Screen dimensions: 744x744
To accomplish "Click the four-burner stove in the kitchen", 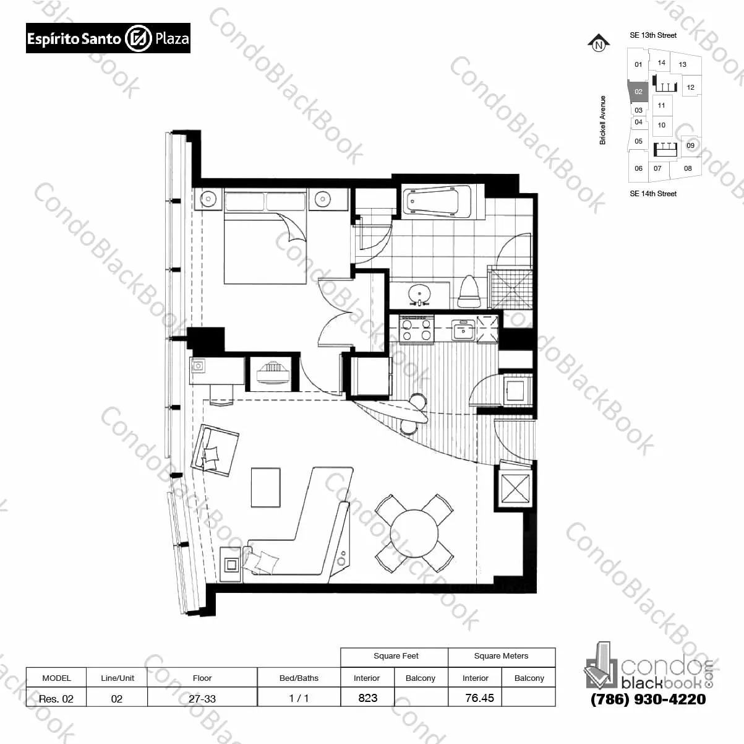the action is [x=416, y=329].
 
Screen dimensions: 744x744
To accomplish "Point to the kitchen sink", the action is [x=463, y=329].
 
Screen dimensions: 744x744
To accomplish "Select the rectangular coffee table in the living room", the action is [x=266, y=487].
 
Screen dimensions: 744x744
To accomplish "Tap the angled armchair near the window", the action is [x=215, y=450].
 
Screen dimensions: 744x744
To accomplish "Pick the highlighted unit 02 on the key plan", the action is [x=638, y=92].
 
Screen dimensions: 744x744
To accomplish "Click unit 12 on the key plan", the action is [x=690, y=87].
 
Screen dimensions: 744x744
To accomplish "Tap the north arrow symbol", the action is [x=599, y=43].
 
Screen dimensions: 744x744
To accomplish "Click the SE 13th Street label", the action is [x=653, y=35].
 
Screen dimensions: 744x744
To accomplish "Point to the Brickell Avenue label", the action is [x=602, y=120].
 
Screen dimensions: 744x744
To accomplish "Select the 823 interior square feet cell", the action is [x=367, y=698].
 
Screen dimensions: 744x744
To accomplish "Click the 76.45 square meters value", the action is [x=479, y=698].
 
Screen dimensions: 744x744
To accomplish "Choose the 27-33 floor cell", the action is [x=202, y=698].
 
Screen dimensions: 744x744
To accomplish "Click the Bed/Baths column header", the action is [x=299, y=678].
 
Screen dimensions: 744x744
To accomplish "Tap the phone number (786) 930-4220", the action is [x=648, y=699].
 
